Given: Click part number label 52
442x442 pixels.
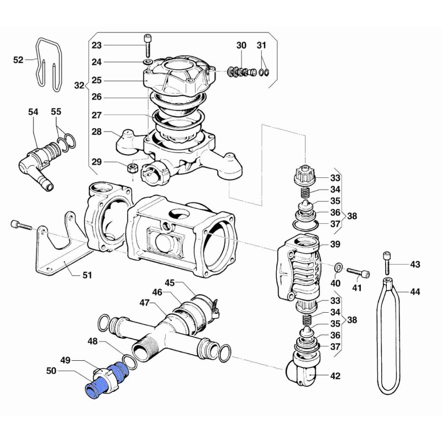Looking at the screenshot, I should (x=18, y=60).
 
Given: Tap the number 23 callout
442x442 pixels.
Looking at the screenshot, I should (x=97, y=45).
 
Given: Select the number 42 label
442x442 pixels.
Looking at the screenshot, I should (x=335, y=376).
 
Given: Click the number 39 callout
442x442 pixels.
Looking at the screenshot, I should (x=335, y=244).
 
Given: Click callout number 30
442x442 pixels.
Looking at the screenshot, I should (x=241, y=45).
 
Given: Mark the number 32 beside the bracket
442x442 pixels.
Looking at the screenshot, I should (x=80, y=86).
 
